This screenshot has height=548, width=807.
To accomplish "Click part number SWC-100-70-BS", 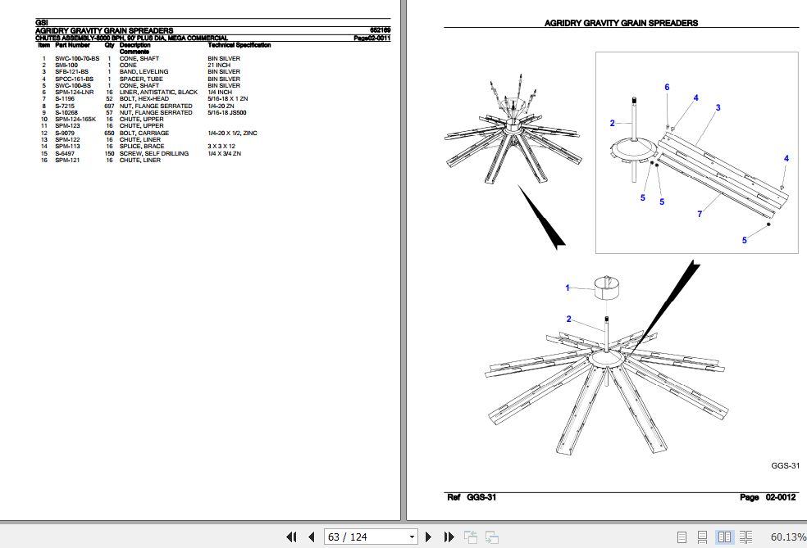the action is tap(77, 59).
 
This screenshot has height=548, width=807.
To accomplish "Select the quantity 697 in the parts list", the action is tap(109, 106).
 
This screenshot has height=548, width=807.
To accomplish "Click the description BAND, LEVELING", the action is tap(144, 72).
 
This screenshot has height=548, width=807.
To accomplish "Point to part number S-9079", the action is tap(65, 134).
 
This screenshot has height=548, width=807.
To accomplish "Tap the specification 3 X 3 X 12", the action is tap(221, 147).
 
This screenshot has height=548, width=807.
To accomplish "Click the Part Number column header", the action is tap(72, 45).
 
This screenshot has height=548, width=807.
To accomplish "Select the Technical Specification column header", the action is tap(239, 45).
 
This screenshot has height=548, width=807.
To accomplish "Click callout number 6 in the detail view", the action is tap(667, 88).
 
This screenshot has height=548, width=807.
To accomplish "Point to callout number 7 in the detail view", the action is tap(700, 214).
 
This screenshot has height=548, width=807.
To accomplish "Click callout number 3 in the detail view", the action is tap(718, 107).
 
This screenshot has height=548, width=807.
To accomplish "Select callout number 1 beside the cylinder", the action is tap(568, 288).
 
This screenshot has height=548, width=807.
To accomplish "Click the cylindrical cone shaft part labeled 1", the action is tap(606, 288).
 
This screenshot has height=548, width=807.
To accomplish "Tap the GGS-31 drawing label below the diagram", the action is tap(786, 466).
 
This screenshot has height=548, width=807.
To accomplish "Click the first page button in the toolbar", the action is tap(291, 537).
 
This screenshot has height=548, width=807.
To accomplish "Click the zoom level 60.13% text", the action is tap(788, 537).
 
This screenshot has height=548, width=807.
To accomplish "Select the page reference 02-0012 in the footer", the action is tap(781, 497).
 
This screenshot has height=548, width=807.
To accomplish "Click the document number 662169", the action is tap(380, 30).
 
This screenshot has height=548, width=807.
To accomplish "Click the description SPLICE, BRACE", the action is tap(142, 147).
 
